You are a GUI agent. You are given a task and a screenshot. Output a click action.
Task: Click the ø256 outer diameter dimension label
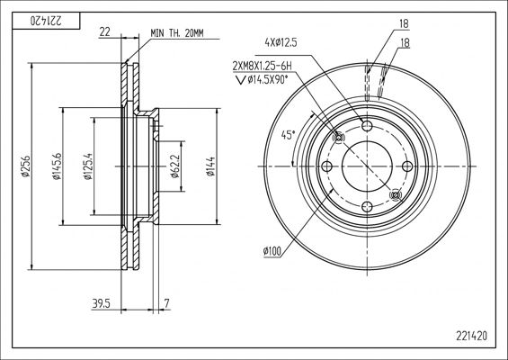[26, 166]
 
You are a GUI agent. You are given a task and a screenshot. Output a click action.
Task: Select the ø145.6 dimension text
[57, 166]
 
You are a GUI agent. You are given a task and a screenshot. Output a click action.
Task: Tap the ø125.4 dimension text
[88, 166]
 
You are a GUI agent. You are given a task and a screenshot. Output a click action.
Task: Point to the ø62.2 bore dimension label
[175, 166]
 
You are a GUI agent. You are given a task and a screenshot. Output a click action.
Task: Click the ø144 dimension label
[210, 166]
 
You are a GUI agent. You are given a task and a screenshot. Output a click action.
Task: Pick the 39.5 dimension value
[102, 303]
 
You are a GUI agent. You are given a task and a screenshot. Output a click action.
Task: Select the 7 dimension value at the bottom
[166, 303]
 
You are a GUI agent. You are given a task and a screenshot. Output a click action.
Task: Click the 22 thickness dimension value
[104, 31]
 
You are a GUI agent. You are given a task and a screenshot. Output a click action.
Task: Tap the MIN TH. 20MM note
[177, 33]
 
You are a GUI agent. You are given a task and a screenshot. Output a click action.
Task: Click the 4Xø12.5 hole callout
[281, 42]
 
